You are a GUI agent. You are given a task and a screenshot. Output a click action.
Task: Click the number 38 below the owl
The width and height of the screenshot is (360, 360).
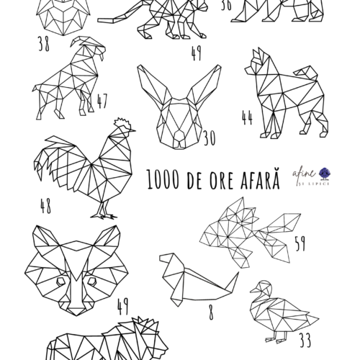coord(44,44)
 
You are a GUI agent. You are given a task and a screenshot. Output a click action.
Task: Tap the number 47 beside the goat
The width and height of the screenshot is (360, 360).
coord(102,101)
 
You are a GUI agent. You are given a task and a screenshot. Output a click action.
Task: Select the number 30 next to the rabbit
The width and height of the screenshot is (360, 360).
coord(210,138)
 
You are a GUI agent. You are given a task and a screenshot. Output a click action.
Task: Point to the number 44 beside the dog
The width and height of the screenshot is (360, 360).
coord(247,117)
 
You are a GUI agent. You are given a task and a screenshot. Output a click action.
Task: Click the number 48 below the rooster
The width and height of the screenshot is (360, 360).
coord(45,206)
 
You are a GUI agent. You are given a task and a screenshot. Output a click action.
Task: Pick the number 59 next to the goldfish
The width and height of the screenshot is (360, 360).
coord(300,243)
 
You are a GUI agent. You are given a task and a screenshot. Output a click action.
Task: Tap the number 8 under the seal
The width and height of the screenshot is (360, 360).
coord(211,312)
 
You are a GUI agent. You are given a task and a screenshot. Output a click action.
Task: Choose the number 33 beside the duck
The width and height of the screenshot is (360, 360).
coord(305,340)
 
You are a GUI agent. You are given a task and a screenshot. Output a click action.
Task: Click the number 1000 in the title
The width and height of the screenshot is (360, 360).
coord(163,179)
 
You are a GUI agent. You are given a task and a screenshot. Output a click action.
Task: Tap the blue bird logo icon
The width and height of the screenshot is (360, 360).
coord(325,174)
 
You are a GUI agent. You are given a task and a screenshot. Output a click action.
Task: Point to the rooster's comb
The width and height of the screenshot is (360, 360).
coord(123,123)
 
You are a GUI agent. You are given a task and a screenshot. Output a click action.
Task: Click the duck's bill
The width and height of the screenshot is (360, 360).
coord(254,290)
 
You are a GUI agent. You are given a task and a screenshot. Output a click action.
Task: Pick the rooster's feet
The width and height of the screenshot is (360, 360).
coord(104,215)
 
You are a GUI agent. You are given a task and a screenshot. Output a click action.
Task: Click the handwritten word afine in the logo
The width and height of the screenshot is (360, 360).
coord(304,174)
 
